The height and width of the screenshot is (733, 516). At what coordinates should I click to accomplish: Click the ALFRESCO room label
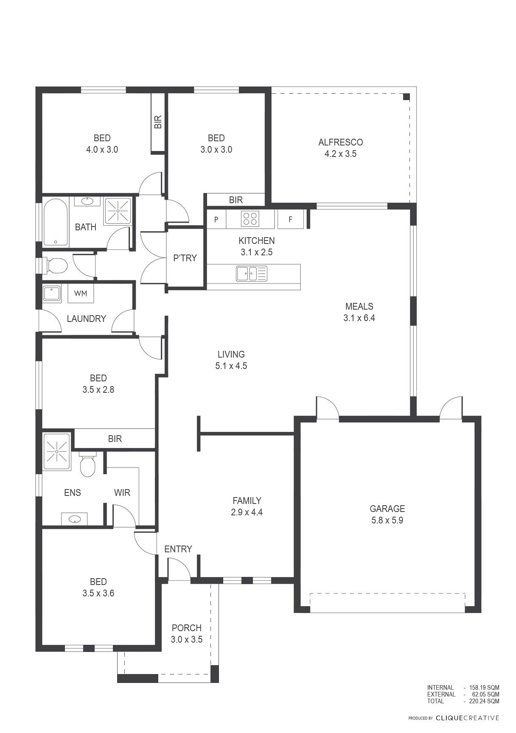coord(340,142)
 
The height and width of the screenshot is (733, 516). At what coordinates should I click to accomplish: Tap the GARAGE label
coord(387,509)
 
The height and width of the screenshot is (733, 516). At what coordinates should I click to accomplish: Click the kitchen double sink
coord(252,274)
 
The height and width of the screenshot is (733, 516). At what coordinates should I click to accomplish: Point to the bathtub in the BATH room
coord(56,222)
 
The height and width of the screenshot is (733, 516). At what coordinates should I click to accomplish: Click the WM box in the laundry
coord(81,293)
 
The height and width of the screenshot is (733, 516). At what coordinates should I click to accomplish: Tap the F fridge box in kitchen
coord(291,219)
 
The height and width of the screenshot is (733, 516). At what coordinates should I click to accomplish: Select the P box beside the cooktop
coord(216,219)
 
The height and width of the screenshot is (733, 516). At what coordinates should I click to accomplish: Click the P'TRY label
coord(185,258)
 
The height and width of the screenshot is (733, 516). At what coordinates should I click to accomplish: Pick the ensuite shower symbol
coord(56,451)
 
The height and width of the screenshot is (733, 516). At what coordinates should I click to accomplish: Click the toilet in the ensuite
coord(88,464)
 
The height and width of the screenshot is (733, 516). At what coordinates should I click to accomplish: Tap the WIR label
coord(122,492)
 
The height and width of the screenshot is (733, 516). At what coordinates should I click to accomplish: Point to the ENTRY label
coord(178,549)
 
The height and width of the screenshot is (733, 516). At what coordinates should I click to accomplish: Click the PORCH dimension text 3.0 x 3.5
coord(187,639)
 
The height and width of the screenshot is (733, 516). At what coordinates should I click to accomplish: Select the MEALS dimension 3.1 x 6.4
coord(359,318)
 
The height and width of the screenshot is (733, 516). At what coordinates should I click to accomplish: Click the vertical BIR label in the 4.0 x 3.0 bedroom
coord(158,122)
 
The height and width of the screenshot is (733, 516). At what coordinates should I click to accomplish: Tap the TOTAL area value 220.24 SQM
coord(484,701)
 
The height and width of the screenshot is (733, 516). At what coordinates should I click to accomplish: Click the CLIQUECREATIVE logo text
coord(468,718)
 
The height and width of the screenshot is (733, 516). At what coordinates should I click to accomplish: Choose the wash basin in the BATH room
coord(88,201)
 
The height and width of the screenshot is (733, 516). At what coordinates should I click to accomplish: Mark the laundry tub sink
coord(51,294)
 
